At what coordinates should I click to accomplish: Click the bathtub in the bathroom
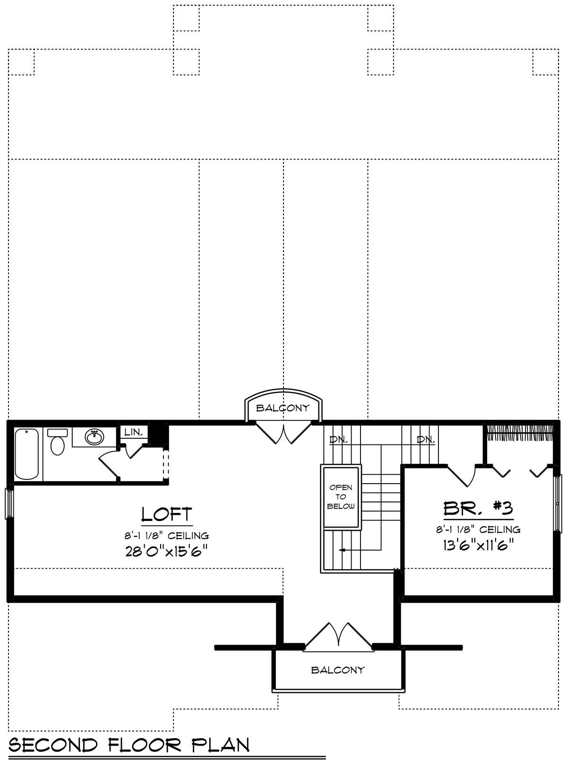(26, 454)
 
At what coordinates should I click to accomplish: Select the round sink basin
(94, 438)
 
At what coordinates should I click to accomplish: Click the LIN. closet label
(134, 432)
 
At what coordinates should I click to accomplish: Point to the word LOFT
(166, 514)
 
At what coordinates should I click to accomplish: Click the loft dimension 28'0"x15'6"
(166, 551)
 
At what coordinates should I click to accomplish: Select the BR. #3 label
(478, 508)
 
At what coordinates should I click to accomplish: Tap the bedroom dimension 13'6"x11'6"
(478, 545)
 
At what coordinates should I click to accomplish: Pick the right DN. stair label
(426, 440)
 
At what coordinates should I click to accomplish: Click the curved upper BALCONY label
(283, 408)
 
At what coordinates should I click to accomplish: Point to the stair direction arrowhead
(342, 550)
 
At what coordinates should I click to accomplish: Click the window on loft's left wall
(9, 503)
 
